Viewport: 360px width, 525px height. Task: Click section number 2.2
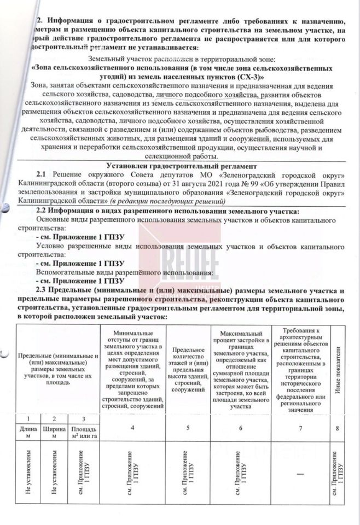(x=43, y=210)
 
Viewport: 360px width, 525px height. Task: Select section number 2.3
(x=43, y=289)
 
